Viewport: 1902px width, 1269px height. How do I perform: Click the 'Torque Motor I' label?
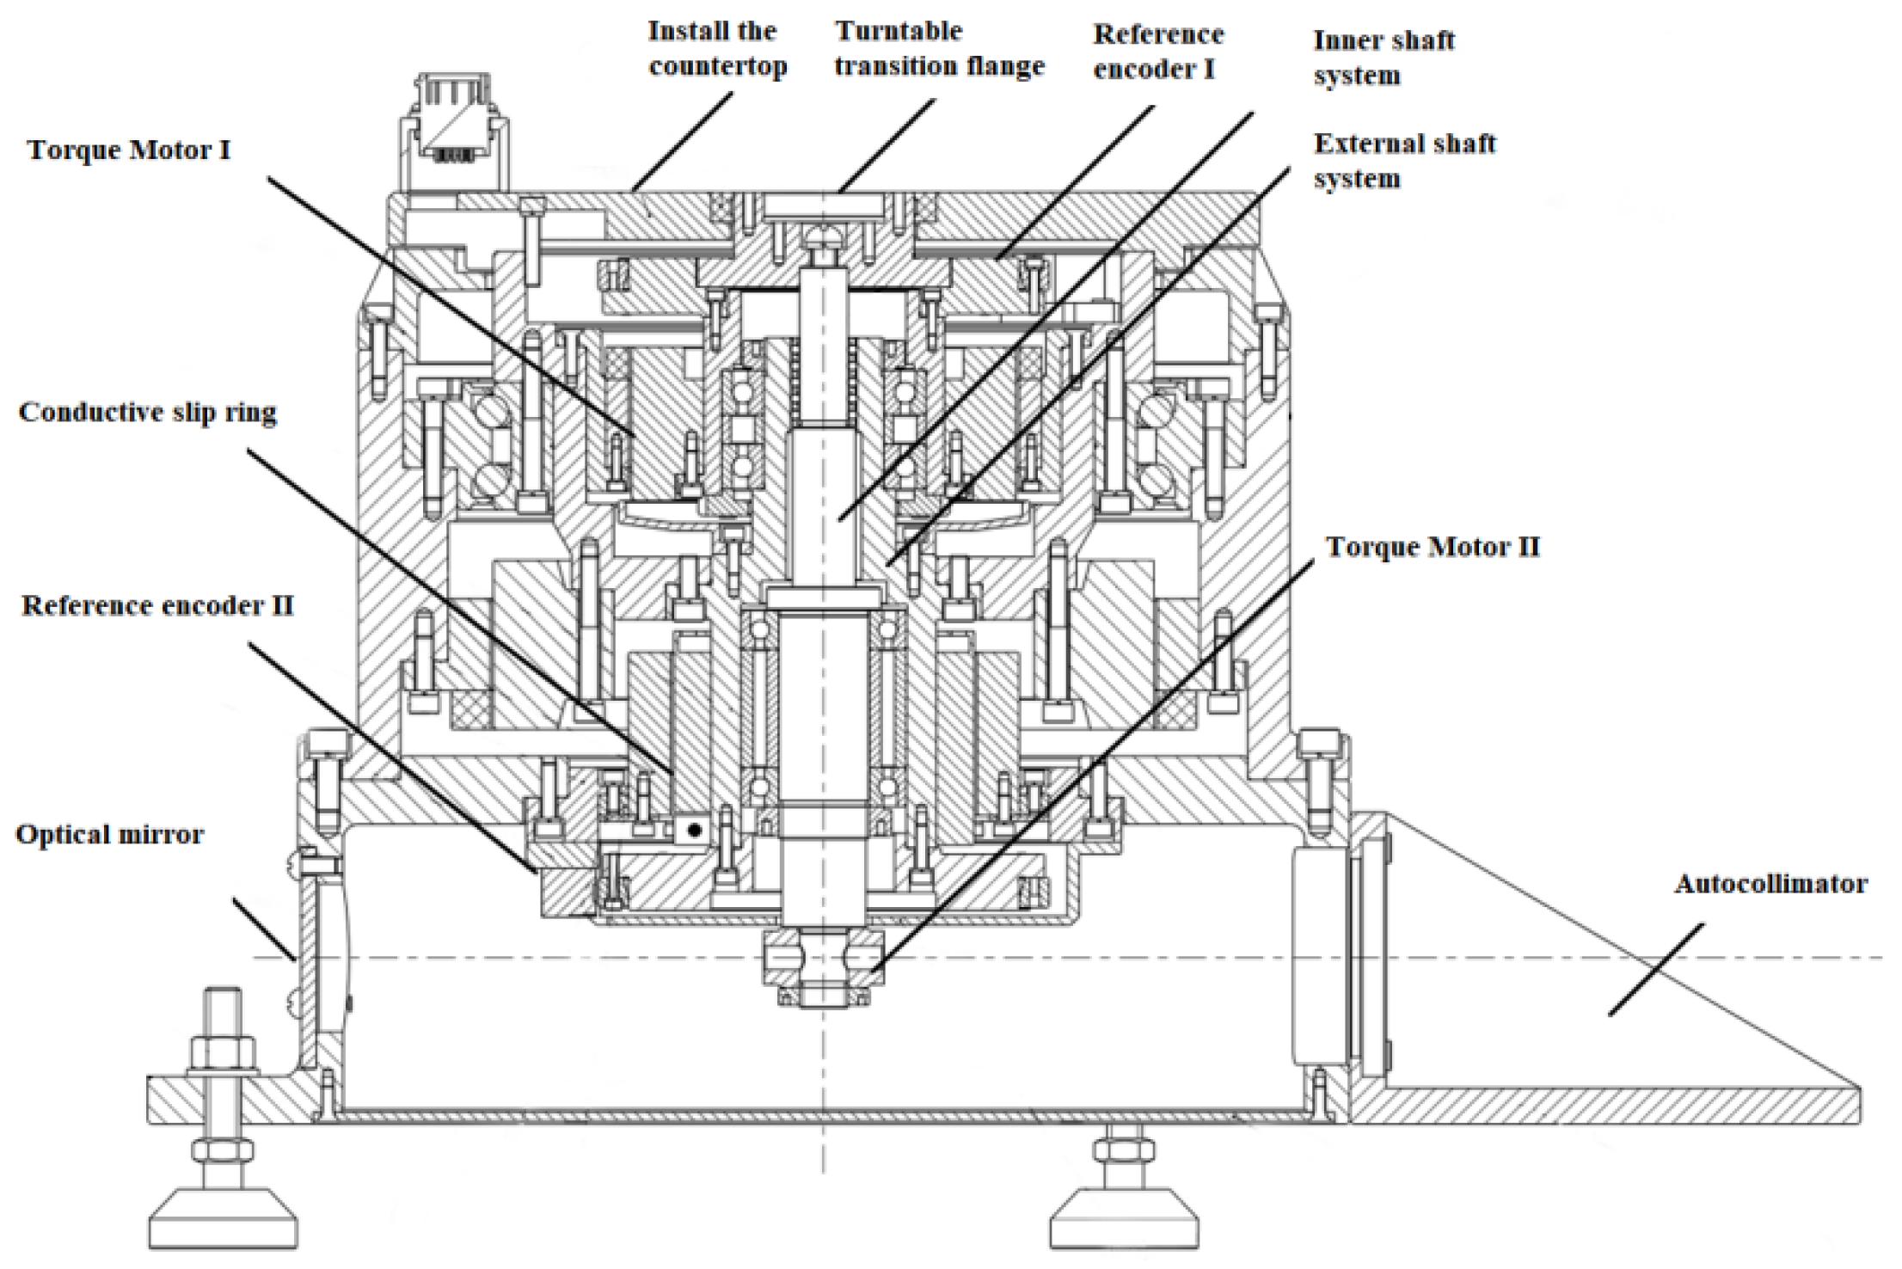coord(129,150)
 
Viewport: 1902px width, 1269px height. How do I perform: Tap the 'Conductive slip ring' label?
coord(148,413)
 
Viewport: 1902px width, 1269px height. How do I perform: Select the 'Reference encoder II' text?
coord(157,606)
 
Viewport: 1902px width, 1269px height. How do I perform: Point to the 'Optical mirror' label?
coord(110,835)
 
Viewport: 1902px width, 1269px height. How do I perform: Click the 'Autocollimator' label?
coord(1770,884)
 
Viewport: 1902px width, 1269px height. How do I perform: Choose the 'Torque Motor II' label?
coord(1433,548)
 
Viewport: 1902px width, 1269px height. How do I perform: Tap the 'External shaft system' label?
coord(1404,161)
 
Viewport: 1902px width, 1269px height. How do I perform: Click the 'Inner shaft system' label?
coord(1384,58)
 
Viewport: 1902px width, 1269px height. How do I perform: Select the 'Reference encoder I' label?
coord(1157,52)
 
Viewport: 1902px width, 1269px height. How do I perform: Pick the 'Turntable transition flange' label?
coord(939,49)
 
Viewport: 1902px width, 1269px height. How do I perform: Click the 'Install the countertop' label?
coord(717,49)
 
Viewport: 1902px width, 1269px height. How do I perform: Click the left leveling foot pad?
coord(223,1218)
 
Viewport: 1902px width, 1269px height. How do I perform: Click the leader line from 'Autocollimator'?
coord(1655,971)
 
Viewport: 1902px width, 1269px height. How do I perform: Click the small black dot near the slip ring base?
coord(695,829)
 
